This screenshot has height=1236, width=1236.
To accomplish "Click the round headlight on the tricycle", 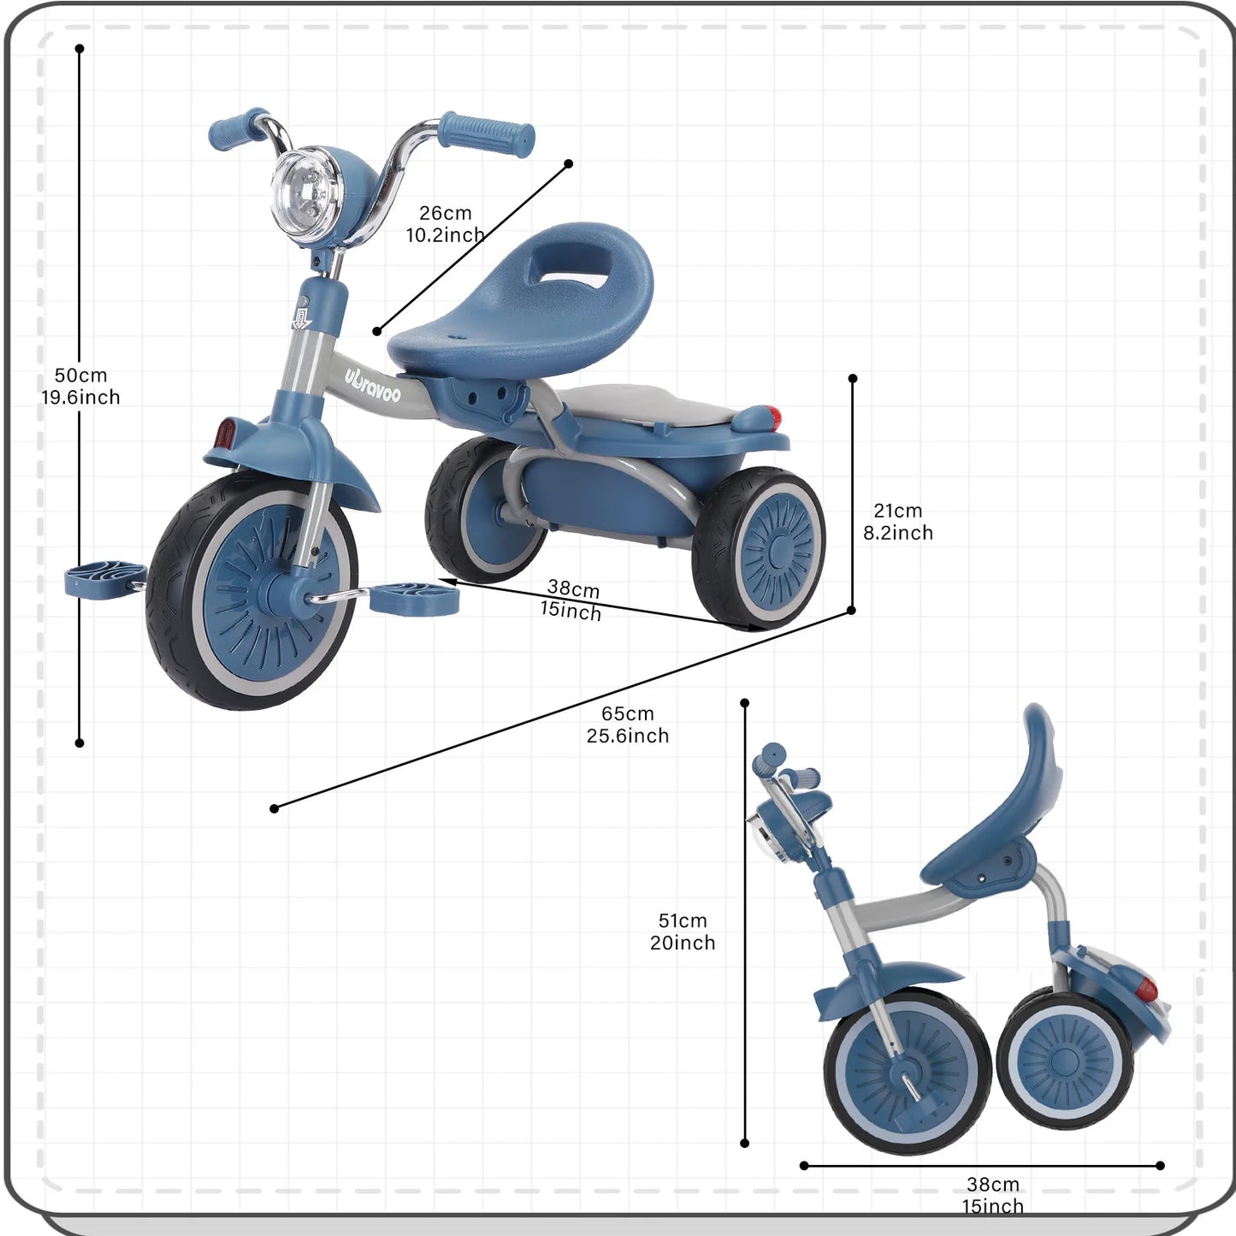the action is [x=305, y=194].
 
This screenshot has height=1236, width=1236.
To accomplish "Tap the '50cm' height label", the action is [x=81, y=376].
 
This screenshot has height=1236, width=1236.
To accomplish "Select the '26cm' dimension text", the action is [x=445, y=213].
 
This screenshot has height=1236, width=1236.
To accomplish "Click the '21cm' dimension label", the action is [x=897, y=511].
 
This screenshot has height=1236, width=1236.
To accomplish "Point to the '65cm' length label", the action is [x=627, y=713].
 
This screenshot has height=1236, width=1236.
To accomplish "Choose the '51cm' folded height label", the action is [x=683, y=920].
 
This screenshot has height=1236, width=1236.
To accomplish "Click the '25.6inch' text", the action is [x=627, y=736].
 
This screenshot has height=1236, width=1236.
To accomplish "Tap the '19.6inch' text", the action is [x=81, y=397].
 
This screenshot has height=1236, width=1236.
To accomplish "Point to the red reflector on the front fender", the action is [x=225, y=433].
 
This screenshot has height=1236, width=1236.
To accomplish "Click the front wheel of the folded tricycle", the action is [x=907, y=1069].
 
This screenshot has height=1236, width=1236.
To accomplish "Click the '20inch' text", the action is [x=683, y=943].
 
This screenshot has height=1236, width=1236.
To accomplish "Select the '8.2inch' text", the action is [x=897, y=533].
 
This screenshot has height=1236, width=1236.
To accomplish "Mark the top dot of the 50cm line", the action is [x=80, y=49].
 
